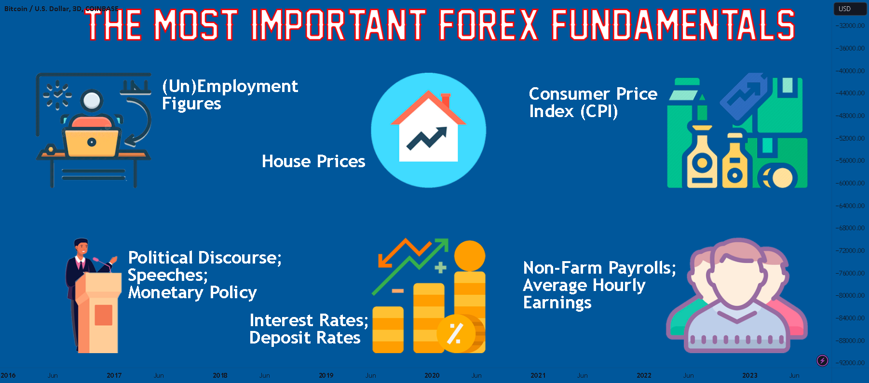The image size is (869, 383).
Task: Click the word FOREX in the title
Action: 488,25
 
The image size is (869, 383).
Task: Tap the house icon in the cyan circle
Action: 428,128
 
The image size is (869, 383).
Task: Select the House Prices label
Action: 313,161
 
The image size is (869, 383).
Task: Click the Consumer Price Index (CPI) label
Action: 593,102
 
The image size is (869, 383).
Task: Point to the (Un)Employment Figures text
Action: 230,95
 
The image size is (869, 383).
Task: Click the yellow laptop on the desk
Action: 91,142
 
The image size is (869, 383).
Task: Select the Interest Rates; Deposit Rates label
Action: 309,329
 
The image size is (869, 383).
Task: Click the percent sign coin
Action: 455,333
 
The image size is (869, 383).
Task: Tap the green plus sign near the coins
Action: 440,267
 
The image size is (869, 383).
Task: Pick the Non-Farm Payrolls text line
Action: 599,268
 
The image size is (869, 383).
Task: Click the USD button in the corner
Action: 844,9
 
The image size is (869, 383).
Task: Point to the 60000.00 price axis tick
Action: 852,183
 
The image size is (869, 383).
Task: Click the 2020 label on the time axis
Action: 432,375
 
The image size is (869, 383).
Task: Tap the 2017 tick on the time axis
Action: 114,375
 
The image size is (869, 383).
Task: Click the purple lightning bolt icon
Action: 822,360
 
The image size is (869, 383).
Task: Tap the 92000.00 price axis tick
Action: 852,363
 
